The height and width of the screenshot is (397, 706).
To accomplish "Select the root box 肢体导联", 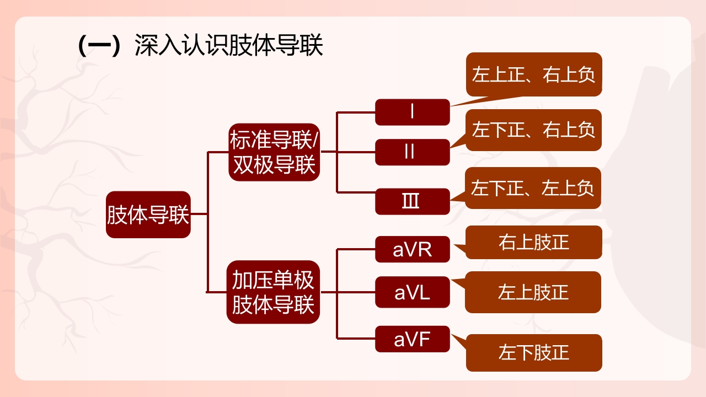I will point(148,215).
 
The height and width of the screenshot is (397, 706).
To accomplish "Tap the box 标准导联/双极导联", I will point(274,152).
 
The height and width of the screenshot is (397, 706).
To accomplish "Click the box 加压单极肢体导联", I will point(273,292).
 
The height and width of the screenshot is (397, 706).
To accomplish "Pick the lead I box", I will point(413,112).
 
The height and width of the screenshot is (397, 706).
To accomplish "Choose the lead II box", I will point(413,152).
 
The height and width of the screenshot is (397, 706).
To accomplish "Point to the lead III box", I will point(413,201).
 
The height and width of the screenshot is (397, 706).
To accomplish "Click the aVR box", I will point(413,250).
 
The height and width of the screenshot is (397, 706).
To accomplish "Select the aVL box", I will point(413,292).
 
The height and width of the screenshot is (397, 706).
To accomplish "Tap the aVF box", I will point(413,339).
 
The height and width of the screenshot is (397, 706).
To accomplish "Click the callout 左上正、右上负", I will point(534,74).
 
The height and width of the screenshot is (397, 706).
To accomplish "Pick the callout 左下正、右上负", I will point(534,130).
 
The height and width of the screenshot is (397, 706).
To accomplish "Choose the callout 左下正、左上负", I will point(533,188).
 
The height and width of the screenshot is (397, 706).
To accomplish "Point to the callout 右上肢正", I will point(534,242).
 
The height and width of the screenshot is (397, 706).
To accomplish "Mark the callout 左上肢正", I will point(533,292).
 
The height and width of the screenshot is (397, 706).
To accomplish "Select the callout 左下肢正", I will point(534,352).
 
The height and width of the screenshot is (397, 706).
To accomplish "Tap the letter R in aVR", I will point(425,250).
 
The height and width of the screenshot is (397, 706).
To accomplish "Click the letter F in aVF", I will point(424,339).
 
